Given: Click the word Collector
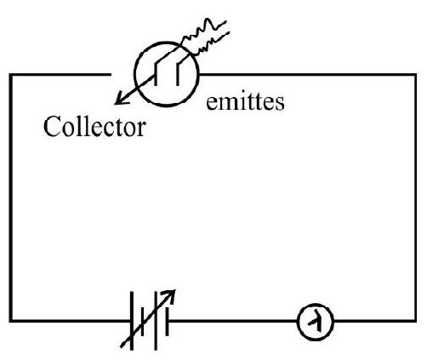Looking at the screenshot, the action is pyautogui.click(x=94, y=127).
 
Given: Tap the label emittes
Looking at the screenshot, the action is pyautogui.click(x=245, y=102).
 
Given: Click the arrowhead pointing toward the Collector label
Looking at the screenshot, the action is pyautogui.click(x=122, y=98).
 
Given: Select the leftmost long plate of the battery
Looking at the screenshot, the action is pyautogui.click(x=132, y=321).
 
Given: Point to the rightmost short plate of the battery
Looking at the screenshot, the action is pyautogui.click(x=167, y=322).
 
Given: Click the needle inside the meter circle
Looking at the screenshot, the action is pyautogui.click(x=316, y=323).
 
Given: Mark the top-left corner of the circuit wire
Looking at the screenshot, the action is pyautogui.click(x=11, y=75).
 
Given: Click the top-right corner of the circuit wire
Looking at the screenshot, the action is pyautogui.click(x=415, y=75).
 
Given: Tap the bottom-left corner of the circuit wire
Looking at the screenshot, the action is pyautogui.click(x=11, y=321).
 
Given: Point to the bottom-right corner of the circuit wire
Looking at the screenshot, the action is pyautogui.click(x=415, y=321).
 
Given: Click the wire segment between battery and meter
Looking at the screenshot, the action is pyautogui.click(x=233, y=321).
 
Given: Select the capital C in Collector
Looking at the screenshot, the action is pyautogui.click(x=51, y=127).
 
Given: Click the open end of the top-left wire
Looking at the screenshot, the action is pyautogui.click(x=111, y=75).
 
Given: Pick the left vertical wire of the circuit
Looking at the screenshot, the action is pyautogui.click(x=11, y=197).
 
